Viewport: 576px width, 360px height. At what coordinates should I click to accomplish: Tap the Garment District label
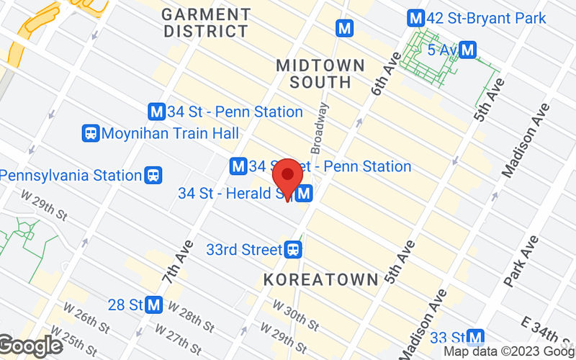coord(207,22)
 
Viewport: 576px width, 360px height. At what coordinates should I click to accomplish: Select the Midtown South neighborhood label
coord(320,73)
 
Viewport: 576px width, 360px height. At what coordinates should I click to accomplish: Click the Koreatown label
coord(321,279)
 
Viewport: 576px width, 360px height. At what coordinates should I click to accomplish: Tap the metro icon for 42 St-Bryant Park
coord(415,17)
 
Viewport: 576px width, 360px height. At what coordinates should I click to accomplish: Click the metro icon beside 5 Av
coord(468,50)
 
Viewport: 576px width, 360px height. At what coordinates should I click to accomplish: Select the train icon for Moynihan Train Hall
coord(91,133)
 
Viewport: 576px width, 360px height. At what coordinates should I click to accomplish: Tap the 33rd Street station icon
coord(292,250)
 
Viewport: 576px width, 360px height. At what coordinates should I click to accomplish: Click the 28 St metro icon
coord(153,305)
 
